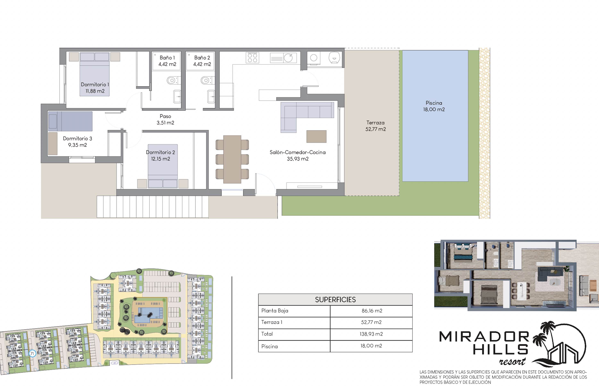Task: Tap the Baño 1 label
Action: pyautogui.click(x=167, y=58)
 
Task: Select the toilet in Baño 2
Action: pyautogui.click(x=207, y=80)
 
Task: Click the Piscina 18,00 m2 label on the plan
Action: pyautogui.click(x=434, y=106)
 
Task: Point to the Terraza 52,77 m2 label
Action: pyautogui.click(x=376, y=126)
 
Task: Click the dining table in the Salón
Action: pyautogui.click(x=232, y=159)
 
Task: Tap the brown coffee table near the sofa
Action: pyautogui.click(x=316, y=136)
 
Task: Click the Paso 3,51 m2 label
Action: pyautogui.click(x=165, y=120)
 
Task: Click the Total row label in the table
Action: pyautogui.click(x=267, y=334)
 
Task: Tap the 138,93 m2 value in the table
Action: pyautogui.click(x=371, y=334)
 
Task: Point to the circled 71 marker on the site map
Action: pyautogui.click(x=32, y=354)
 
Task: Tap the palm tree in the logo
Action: pyautogui.click(x=542, y=336)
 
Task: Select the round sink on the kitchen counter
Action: pyautogui.click(x=288, y=58)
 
